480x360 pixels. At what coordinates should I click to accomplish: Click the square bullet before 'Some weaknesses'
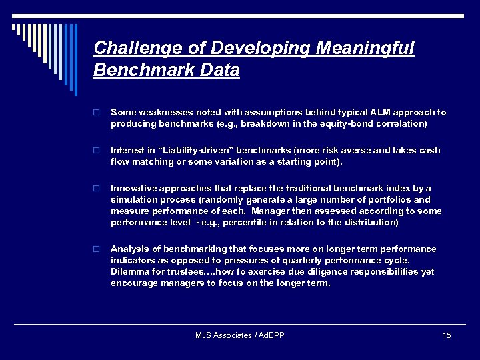pyautogui.click(x=97, y=113)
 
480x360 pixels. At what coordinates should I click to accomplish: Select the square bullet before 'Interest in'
pyautogui.click(x=97, y=151)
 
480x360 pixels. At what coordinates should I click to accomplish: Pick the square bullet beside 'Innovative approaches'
pyautogui.click(x=97, y=189)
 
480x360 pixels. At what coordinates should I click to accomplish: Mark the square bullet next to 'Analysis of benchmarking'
pyautogui.click(x=97, y=249)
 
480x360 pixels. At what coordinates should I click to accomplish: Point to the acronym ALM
pyautogui.click(x=371, y=113)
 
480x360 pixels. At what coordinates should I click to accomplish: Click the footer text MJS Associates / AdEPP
pyautogui.click(x=239, y=335)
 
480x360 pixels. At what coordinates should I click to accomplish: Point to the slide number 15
pyautogui.click(x=447, y=335)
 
